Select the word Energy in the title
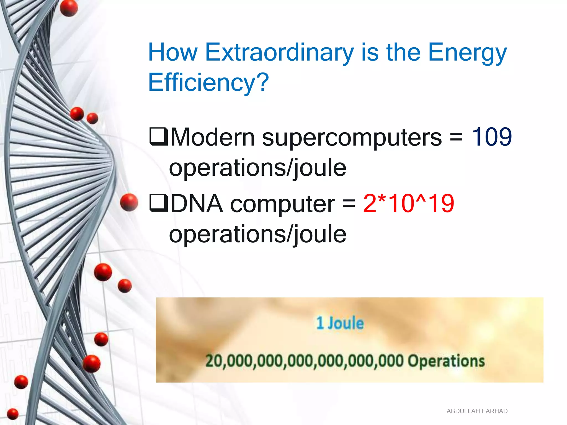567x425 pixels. (x=467, y=53)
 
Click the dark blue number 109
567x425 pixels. (x=491, y=137)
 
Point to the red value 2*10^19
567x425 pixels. (x=408, y=203)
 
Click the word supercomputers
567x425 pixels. (x=352, y=138)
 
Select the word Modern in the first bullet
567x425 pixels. (x=213, y=137)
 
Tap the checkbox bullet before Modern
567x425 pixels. (x=158, y=136)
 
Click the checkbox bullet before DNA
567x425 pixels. (x=158, y=203)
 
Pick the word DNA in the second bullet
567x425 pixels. (x=197, y=204)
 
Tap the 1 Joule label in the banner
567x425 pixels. (x=340, y=323)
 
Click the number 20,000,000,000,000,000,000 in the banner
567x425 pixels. (x=305, y=361)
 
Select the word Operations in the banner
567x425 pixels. (x=446, y=361)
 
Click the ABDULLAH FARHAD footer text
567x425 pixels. (x=477, y=411)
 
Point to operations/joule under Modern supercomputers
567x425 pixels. (x=257, y=168)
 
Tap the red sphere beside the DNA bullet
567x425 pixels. (x=129, y=202)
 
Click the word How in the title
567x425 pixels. (x=173, y=53)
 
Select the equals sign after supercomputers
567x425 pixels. (x=456, y=137)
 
